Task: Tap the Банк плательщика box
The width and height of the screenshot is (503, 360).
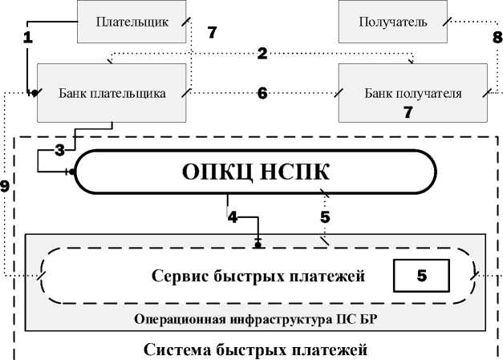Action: [x=112, y=93]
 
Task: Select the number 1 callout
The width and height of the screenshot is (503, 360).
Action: [x=26, y=37]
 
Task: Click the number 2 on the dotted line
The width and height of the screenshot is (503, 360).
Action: [x=262, y=54]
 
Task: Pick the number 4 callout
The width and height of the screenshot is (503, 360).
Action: [x=232, y=216]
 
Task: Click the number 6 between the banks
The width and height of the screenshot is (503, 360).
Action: [x=262, y=92]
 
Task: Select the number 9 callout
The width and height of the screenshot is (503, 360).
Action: [x=5, y=187]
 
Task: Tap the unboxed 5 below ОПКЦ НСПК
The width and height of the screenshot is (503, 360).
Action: [x=325, y=216]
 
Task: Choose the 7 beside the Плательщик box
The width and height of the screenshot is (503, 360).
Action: [x=212, y=33]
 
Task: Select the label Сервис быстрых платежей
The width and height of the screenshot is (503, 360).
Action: [x=258, y=277]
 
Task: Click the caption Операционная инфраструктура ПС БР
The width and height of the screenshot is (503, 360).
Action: [x=256, y=320]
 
